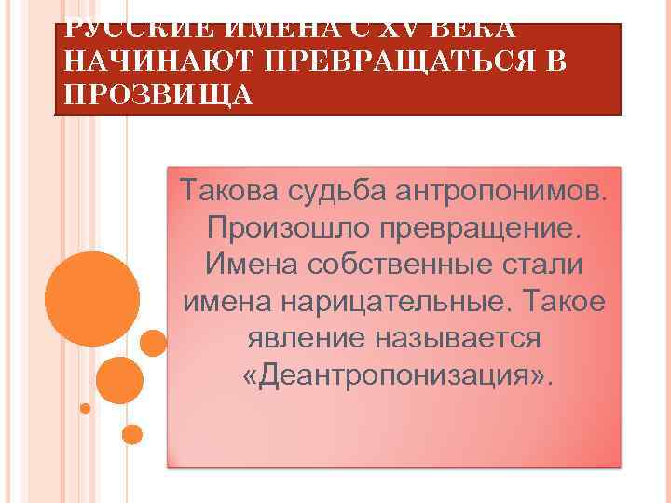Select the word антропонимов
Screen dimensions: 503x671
(x=501, y=191)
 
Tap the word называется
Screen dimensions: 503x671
(x=457, y=337)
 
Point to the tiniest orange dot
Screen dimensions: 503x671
(x=86, y=408)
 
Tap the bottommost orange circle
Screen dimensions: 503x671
(x=132, y=434)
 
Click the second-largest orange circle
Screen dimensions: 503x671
(x=119, y=379)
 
